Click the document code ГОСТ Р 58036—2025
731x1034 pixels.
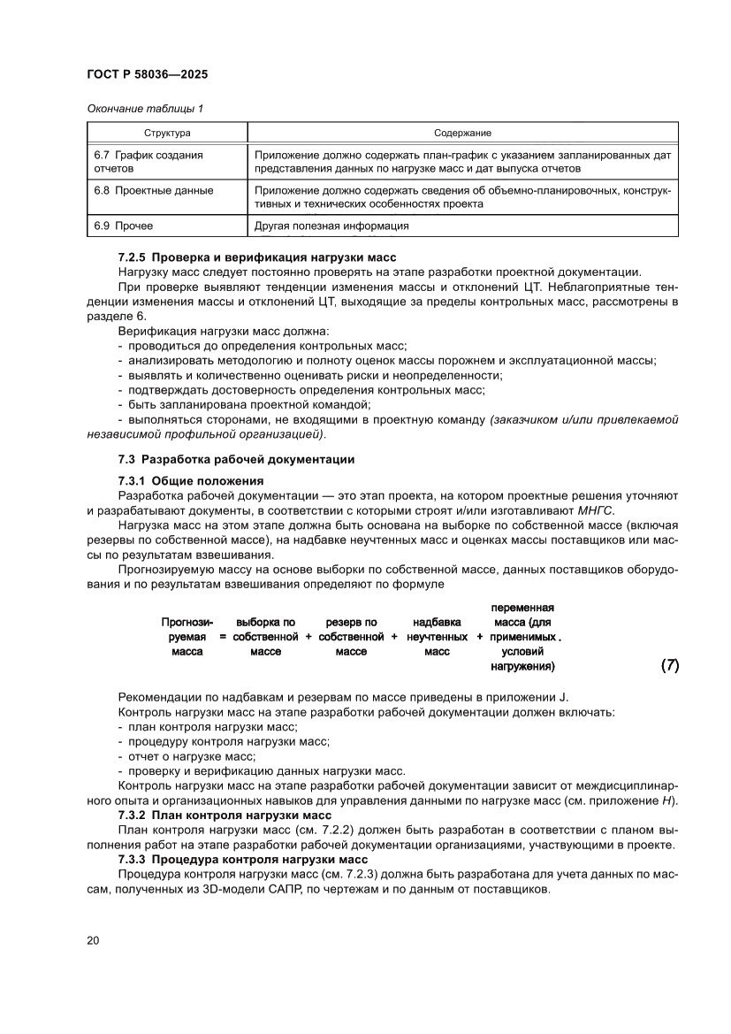148,75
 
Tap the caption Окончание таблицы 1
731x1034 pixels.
145,109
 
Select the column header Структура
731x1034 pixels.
167,133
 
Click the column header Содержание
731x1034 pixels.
462,133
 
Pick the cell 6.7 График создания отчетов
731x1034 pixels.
148,161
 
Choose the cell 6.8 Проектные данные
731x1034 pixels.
153,190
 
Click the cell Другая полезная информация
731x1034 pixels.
331,226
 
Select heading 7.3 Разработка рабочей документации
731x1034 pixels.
236,459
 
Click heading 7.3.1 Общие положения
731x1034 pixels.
191,480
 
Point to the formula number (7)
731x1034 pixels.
669,665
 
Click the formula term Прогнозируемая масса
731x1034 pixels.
187,637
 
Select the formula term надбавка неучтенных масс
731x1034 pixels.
437,637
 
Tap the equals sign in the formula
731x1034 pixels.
224,637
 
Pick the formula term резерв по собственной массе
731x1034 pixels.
351,637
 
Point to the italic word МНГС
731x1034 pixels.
598,511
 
